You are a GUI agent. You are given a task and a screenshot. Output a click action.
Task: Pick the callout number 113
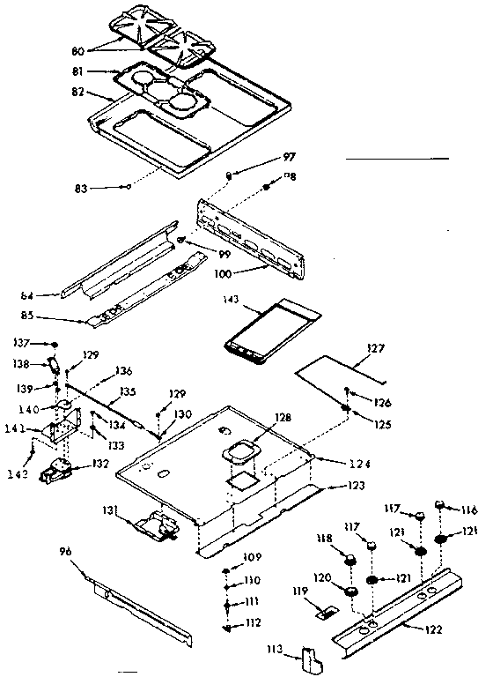[x=275, y=651]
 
